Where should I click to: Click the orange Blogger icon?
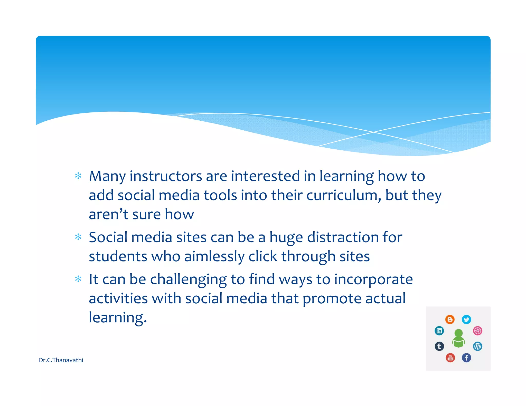click(x=450, y=320)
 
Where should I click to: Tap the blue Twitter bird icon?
click(x=466, y=320)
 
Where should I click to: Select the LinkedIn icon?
click(x=439, y=331)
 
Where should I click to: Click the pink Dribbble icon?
click(x=477, y=331)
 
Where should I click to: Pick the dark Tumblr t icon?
click(x=439, y=346)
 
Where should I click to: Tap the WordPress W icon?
click(x=477, y=346)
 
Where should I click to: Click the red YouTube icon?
click(x=450, y=357)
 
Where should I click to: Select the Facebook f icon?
click(x=466, y=357)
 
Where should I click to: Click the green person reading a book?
click(x=458, y=339)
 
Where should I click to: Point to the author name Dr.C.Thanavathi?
click(x=61, y=360)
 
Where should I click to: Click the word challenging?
click(x=188, y=280)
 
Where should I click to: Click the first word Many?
click(x=107, y=177)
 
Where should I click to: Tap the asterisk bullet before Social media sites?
click(x=78, y=237)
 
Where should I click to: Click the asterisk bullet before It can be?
click(x=78, y=279)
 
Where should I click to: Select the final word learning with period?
click(x=118, y=318)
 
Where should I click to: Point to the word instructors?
click(x=166, y=177)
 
